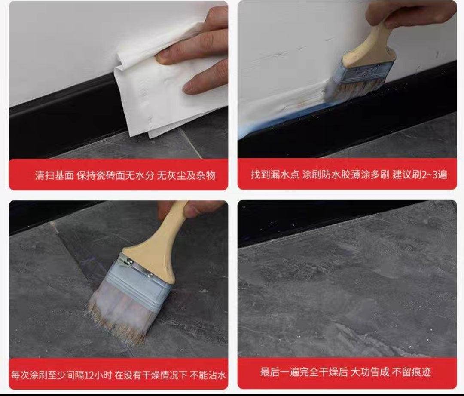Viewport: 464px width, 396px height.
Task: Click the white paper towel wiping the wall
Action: pyautogui.click(x=166, y=89)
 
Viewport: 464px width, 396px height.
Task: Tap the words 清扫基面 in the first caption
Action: pyautogui.click(x=55, y=175)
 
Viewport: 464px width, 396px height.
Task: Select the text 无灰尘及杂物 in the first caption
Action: pyautogui.click(x=186, y=175)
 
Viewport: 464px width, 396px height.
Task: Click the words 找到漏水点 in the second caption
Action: pyautogui.click(x=275, y=175)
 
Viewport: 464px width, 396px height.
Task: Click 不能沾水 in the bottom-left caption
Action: pyautogui.click(x=208, y=375)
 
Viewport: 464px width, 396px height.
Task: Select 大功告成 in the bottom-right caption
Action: pyautogui.click(x=369, y=372)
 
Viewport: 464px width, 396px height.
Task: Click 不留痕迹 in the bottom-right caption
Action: pyautogui.click(x=411, y=372)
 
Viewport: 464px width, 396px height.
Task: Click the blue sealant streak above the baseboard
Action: pyautogui.click(x=281, y=121)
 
